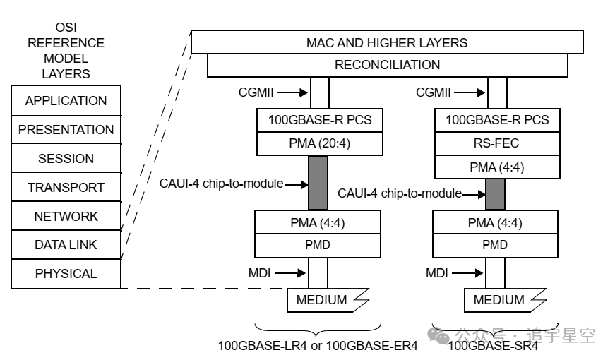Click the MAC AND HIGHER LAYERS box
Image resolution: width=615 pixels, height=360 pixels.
click(x=387, y=42)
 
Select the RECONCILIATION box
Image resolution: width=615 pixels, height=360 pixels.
click(x=387, y=65)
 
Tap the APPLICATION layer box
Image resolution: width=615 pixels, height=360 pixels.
click(x=66, y=101)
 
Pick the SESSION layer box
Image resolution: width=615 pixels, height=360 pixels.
click(x=66, y=159)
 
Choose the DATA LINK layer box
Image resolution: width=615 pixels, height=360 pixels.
click(x=66, y=245)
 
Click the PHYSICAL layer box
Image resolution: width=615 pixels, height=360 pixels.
click(x=66, y=274)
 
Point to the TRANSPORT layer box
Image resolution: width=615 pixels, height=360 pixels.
click(x=66, y=188)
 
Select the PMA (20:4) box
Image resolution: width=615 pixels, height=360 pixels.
click(x=319, y=143)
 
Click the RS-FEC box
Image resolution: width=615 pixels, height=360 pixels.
click(x=496, y=143)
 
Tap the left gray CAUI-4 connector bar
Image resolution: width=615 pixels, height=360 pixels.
click(x=319, y=183)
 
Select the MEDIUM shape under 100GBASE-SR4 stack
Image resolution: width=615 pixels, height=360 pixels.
click(x=499, y=300)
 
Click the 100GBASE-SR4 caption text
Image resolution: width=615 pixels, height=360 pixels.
click(x=494, y=346)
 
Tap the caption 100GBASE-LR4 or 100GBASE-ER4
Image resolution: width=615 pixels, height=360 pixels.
click(x=318, y=346)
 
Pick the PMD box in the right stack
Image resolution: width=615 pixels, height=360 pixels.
click(x=496, y=245)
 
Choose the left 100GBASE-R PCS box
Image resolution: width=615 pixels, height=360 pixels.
click(x=319, y=120)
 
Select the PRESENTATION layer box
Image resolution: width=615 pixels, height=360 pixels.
click(x=66, y=130)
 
